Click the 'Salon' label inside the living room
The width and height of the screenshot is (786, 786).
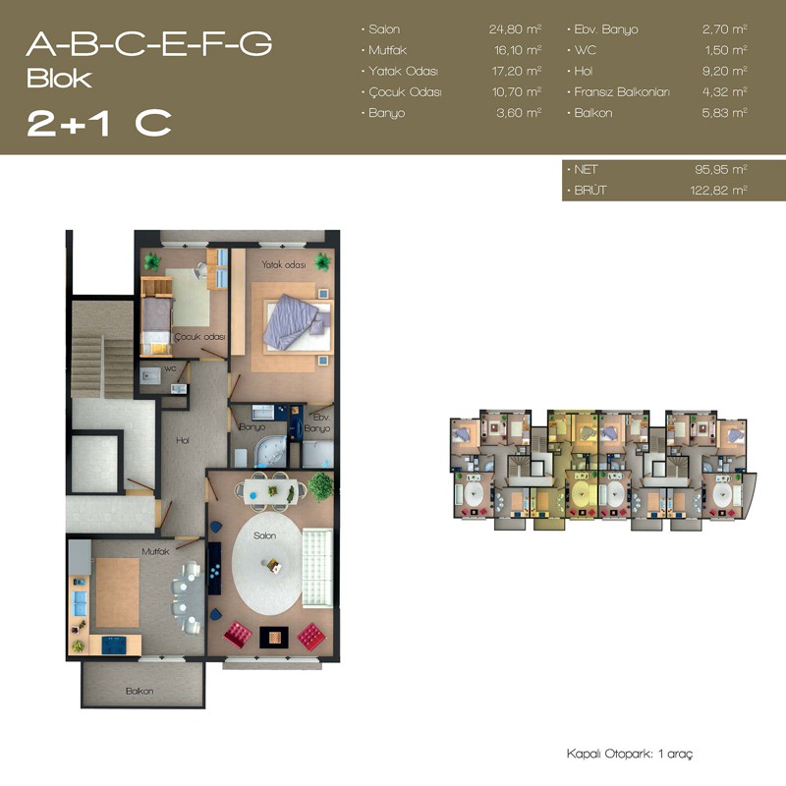[264, 535]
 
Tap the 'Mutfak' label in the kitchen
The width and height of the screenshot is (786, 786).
[155, 551]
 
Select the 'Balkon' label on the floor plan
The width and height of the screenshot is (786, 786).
[140, 691]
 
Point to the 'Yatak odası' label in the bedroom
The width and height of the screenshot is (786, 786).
[284, 264]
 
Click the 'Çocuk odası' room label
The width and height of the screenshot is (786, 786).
[199, 337]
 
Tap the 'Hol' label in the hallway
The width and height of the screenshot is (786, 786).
[183, 440]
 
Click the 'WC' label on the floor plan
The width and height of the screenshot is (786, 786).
[170, 368]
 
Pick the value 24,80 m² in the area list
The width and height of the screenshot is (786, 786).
[515, 29]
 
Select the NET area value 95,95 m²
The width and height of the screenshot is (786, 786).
[721, 169]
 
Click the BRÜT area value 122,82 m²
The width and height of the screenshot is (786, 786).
[719, 190]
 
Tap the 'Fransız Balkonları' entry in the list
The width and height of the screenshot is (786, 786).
[622, 91]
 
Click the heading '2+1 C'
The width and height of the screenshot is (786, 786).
[99, 123]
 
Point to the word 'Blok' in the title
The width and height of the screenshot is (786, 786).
[59, 79]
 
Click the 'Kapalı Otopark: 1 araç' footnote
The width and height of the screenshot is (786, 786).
[630, 754]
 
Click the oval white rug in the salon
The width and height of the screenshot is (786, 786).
[267, 563]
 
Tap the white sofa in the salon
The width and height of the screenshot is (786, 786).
[317, 568]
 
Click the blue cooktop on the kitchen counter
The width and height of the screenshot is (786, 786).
[115, 646]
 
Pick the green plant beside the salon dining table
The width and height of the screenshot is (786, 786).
[321, 485]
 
